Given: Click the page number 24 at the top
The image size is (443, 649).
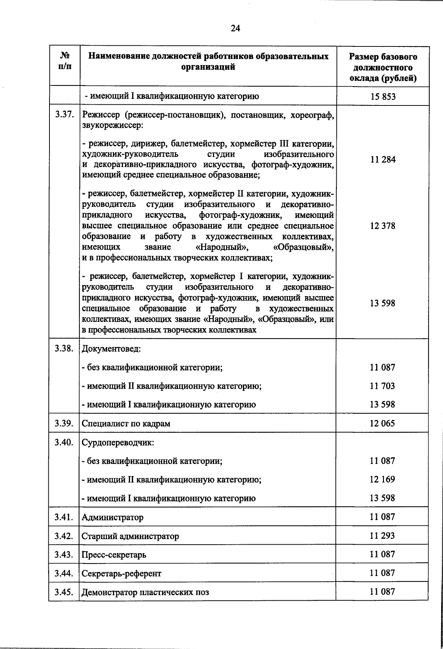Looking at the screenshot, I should [236, 28].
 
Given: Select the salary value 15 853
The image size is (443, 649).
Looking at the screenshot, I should [383, 97].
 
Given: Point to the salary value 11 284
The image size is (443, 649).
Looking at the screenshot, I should [383, 159].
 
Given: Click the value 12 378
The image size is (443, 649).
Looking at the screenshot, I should [383, 226].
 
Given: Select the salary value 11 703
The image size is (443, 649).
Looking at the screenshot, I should [382, 386].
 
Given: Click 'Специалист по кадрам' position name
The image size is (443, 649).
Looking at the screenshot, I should [126, 424].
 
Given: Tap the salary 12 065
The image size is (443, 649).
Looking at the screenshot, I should [382, 423].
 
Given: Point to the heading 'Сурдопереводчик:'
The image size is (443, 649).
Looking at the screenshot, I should [118, 442].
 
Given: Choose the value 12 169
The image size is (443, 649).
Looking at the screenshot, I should [382, 479].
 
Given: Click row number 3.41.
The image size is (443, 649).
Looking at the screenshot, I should [63, 517].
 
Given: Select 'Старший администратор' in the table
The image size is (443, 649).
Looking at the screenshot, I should [130, 536].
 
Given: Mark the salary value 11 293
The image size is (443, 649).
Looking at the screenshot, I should [382, 536].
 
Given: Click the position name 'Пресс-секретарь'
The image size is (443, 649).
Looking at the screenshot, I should [114, 555].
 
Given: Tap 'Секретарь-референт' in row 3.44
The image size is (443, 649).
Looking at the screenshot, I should [121, 574].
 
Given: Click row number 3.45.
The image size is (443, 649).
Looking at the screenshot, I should [63, 592].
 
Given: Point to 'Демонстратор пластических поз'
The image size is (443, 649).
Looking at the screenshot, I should [145, 593].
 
